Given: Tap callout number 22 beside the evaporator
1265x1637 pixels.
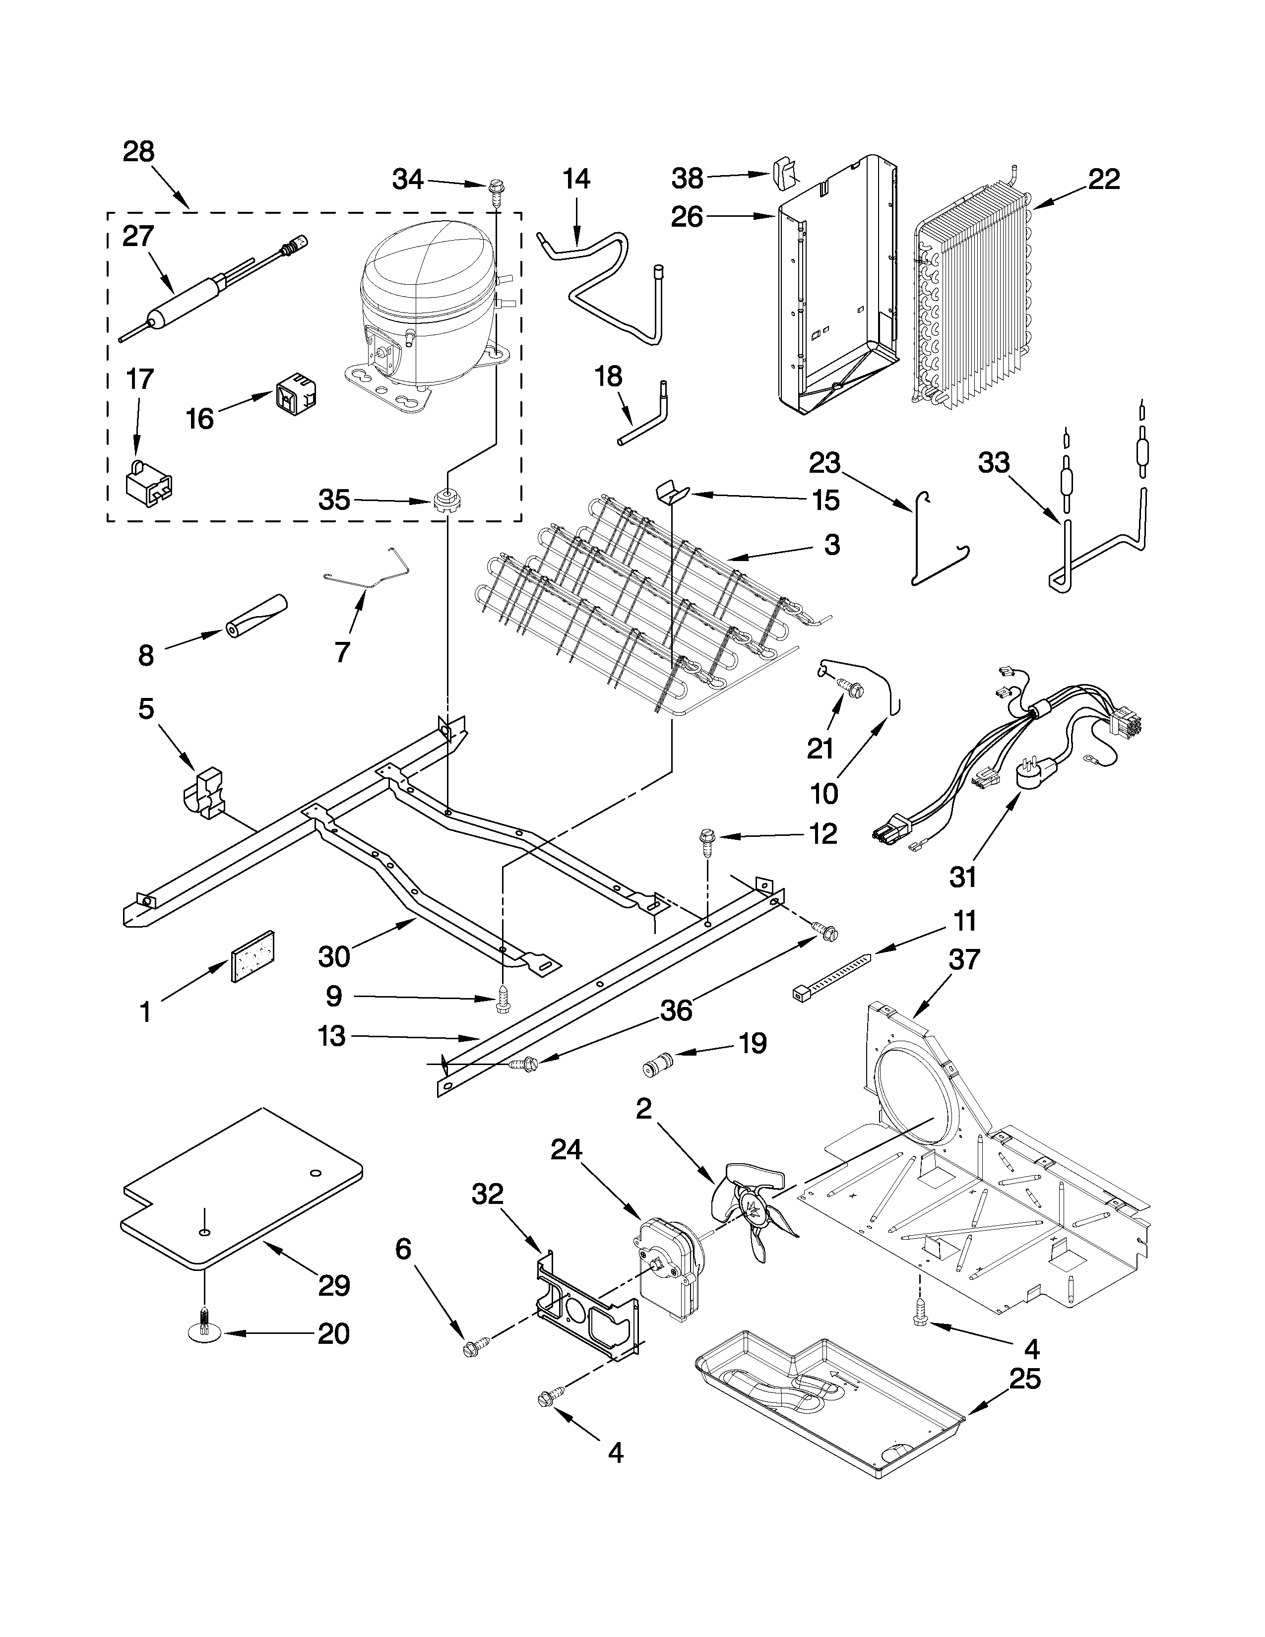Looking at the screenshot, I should [x=1103, y=179].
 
